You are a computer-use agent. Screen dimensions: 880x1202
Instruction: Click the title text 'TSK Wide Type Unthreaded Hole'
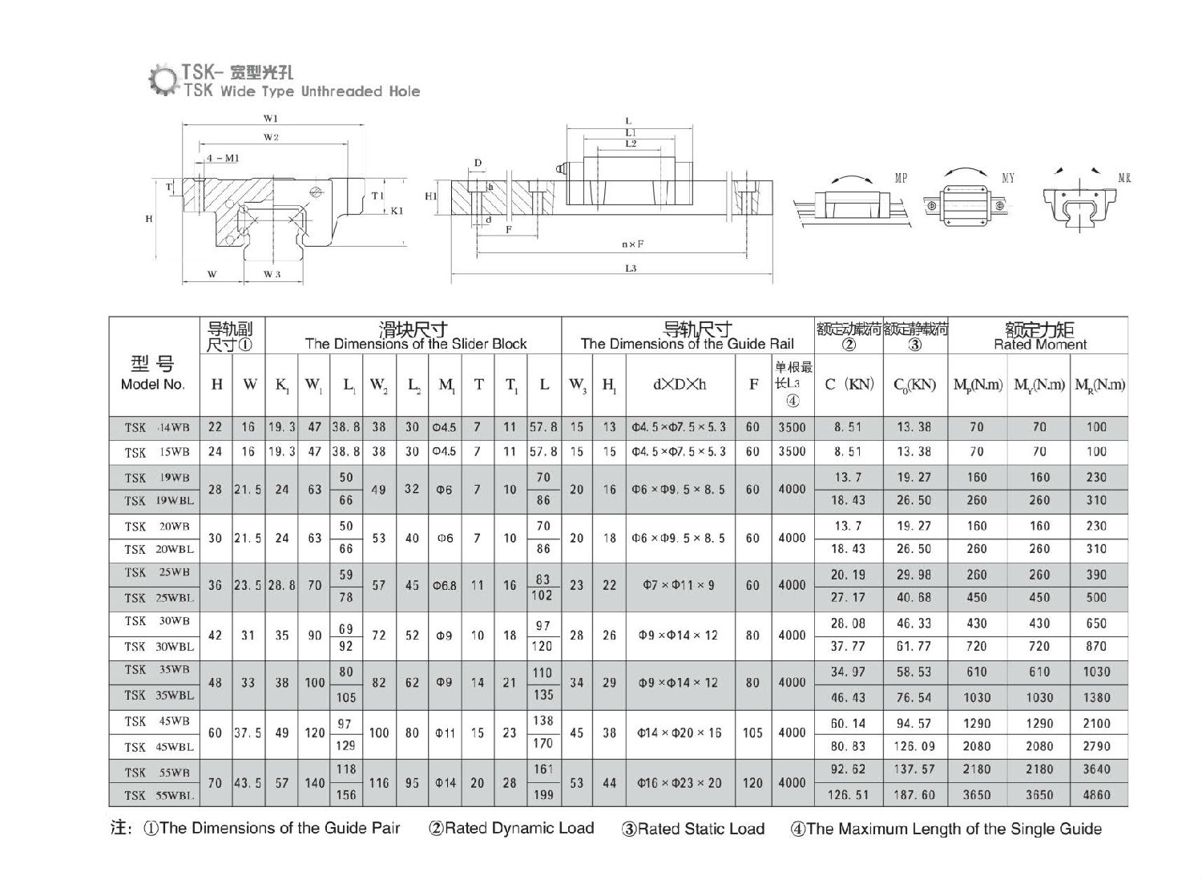pyautogui.click(x=301, y=91)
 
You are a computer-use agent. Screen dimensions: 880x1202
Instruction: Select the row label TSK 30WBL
pyautogui.click(x=159, y=647)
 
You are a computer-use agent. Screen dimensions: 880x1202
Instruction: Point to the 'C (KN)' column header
pyautogui.click(x=849, y=385)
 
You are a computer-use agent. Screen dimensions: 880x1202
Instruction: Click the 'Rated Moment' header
pyautogui.click(x=1039, y=345)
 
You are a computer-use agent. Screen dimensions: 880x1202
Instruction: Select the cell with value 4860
pyautogui.click(x=1096, y=795)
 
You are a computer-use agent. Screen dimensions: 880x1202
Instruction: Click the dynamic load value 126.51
pyautogui.click(x=848, y=795)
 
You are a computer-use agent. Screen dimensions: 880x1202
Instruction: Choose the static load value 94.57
pyautogui.click(x=914, y=724)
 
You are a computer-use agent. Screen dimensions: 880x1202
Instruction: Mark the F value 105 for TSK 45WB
pyautogui.click(x=752, y=733)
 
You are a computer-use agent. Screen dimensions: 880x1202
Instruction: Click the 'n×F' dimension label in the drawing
pyautogui.click(x=633, y=244)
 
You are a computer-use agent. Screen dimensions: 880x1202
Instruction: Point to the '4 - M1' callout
pyautogui.click(x=222, y=158)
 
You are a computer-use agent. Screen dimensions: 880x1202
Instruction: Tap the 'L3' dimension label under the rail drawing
pyautogui.click(x=631, y=269)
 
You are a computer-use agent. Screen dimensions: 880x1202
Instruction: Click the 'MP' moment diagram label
pyautogui.click(x=901, y=178)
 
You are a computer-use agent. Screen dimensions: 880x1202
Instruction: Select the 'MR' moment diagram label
pyautogui.click(x=1123, y=178)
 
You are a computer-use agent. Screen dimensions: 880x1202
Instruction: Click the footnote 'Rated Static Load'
pyautogui.click(x=693, y=830)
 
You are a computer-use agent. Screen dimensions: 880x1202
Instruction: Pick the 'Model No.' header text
pyautogui.click(x=152, y=385)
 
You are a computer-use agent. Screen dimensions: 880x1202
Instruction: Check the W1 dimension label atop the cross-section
pyautogui.click(x=270, y=119)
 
